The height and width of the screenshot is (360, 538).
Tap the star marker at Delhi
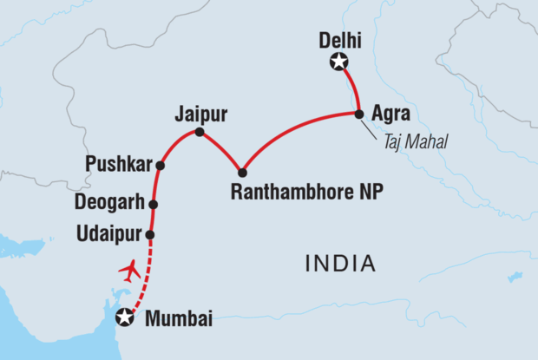point(338,62)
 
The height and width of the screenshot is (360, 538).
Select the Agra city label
point(389,114)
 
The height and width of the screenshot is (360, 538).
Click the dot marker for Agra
point(358,114)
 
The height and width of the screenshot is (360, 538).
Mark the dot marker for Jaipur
point(200,133)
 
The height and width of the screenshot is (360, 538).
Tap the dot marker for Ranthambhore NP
point(242,173)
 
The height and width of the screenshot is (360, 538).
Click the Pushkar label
point(120,163)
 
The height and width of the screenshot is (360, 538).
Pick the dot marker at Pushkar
point(160,164)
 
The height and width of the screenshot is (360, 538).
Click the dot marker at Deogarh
point(154,205)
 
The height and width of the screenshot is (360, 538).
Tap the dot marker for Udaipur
point(150,235)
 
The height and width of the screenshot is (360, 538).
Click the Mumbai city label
point(180,318)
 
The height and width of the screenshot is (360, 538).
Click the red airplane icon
point(129,271)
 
